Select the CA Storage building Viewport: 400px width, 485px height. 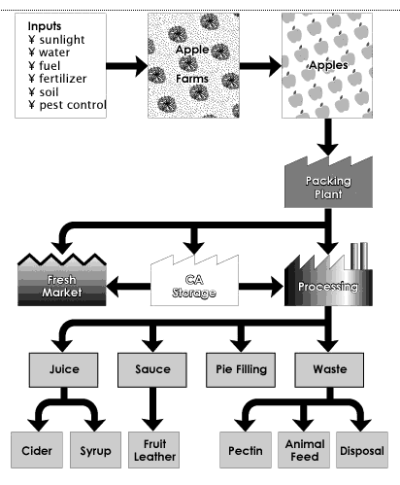194,282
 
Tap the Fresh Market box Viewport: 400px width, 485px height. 62,281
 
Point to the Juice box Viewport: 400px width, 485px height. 63,369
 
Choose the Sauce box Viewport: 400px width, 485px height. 152,369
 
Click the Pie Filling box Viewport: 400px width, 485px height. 241,369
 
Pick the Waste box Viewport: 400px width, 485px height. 329,369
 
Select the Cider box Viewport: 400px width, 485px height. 37,450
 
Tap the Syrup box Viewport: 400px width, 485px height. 95,450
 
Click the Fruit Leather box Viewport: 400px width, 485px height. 154,450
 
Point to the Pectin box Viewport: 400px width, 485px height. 246,450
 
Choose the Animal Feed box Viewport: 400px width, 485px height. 304,450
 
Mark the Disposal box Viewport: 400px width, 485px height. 362,450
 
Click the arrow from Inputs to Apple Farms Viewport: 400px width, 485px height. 127,66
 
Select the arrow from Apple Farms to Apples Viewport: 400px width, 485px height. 260,66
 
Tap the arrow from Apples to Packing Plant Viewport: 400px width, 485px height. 328,137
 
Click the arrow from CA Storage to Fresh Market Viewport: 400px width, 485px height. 128,287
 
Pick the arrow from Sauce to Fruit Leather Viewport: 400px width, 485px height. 152,409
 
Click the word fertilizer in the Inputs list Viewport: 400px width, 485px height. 63,79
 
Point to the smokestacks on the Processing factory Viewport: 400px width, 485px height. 359,256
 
